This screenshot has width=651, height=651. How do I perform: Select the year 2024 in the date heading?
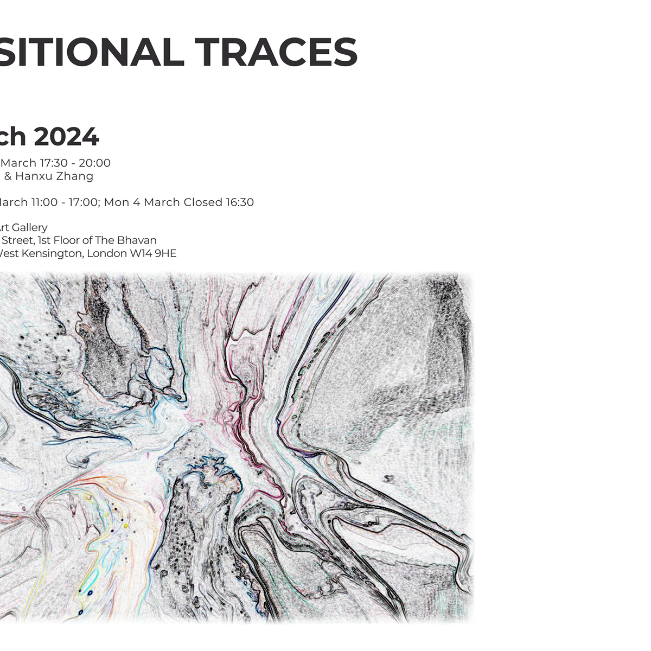tap(66, 136)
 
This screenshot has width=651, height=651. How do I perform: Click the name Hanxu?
tap(34, 176)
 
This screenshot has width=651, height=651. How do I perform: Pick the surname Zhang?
tap(74, 176)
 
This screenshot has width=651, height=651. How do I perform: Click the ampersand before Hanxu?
tap(8, 176)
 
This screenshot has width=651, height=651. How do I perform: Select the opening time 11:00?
tap(45, 202)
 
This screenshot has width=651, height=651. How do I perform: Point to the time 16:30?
tap(240, 202)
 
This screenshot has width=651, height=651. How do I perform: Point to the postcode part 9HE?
tap(165, 253)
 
